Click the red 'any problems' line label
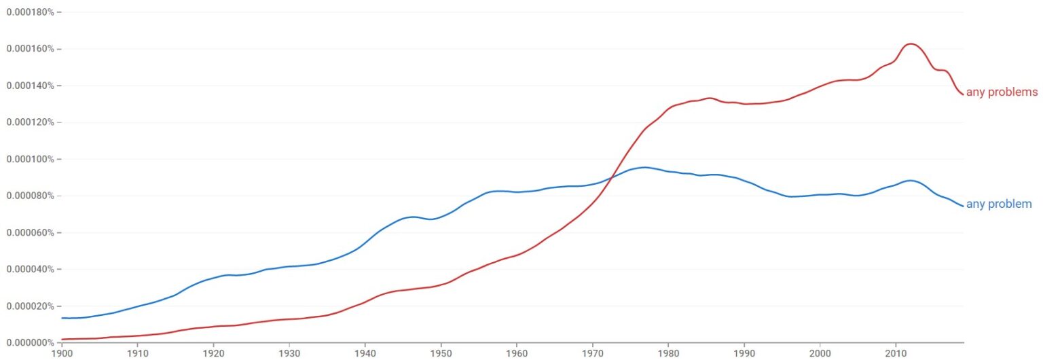click(1002, 92)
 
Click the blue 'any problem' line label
click(999, 204)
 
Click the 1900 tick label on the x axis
click(62, 353)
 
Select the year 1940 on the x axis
click(365, 353)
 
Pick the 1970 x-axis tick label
click(593, 353)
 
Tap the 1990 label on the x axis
click(744, 353)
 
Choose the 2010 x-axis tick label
click(896, 353)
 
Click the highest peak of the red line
click(911, 43)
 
